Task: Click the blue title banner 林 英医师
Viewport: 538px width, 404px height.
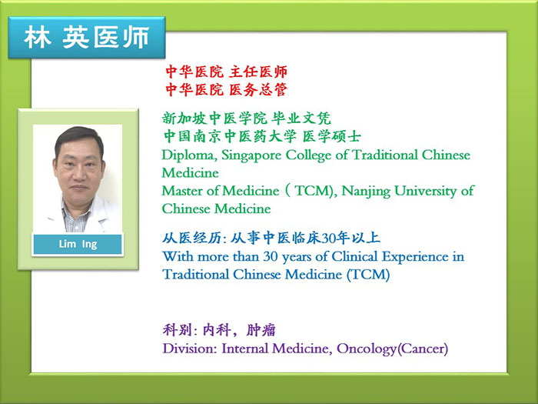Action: click(x=87, y=38)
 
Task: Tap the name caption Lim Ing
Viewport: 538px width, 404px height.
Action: click(x=78, y=244)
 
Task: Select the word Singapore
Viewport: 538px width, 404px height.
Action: click(x=251, y=155)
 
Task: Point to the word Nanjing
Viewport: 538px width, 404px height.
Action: click(x=366, y=192)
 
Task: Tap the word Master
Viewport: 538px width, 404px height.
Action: click(x=182, y=191)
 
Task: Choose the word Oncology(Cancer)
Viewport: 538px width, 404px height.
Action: click(x=392, y=349)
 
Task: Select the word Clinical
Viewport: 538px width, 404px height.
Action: click(x=354, y=256)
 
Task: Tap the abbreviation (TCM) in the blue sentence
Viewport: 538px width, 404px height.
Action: click(x=368, y=275)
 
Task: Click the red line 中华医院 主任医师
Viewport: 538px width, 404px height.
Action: click(x=227, y=72)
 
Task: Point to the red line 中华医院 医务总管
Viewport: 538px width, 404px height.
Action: click(x=227, y=90)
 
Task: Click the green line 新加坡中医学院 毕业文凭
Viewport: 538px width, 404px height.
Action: click(x=247, y=119)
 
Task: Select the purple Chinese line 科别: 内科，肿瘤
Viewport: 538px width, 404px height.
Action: click(x=219, y=330)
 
